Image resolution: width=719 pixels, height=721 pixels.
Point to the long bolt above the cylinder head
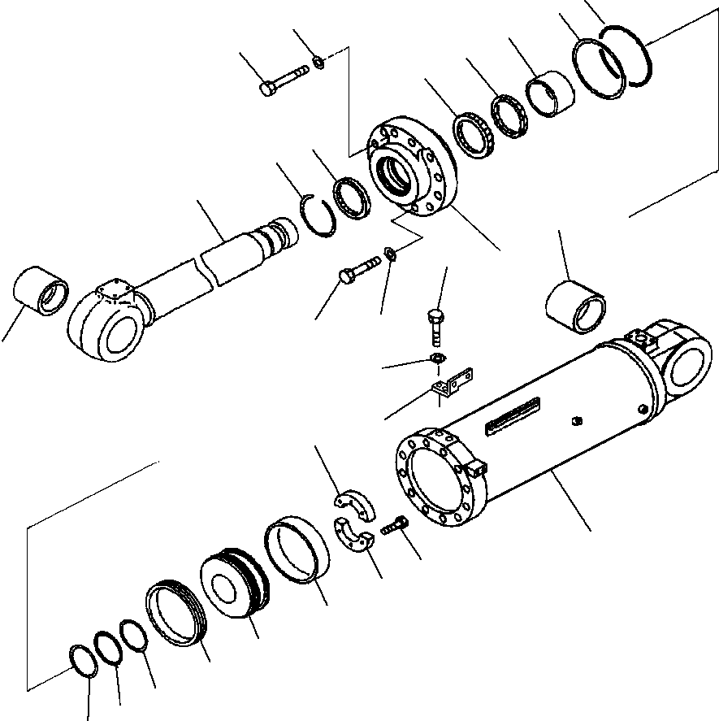[284, 80]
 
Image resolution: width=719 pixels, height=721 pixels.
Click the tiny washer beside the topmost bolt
[319, 62]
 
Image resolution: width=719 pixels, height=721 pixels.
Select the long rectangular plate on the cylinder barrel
[513, 415]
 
